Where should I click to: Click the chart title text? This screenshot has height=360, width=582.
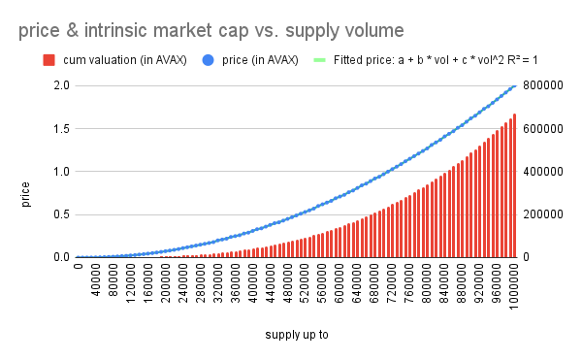[211, 30]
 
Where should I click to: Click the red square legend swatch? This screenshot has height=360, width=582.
[49, 60]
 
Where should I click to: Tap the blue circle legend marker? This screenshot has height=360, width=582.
[209, 60]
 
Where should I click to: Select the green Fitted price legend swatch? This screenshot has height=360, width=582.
[319, 60]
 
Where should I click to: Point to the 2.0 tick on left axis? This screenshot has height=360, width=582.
[62, 85]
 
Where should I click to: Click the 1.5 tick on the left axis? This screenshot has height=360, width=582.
[62, 129]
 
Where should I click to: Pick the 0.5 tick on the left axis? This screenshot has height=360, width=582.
[62, 214]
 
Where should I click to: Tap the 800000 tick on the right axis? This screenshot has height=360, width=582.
[543, 85]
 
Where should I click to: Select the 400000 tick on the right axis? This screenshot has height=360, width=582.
[543, 172]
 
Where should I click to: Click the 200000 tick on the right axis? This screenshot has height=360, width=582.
[543, 214]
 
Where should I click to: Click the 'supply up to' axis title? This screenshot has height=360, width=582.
[297, 335]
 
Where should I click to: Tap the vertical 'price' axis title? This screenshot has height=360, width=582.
[25, 194]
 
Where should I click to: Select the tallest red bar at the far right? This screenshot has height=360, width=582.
[514, 185]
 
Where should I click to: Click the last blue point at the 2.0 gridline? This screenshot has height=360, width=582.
[514, 86]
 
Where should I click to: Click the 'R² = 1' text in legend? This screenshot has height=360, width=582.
[523, 60]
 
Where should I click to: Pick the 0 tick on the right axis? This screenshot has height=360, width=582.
[527, 257]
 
